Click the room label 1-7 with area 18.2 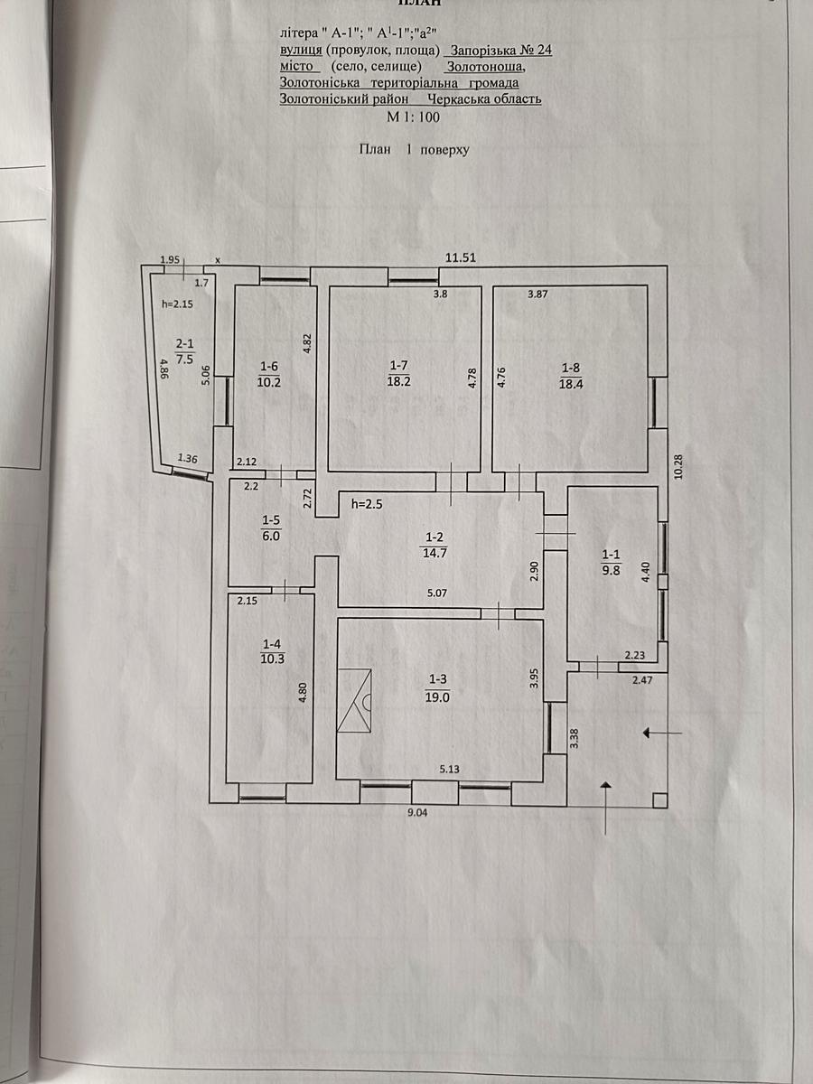click(398, 373)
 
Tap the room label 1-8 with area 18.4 click(571, 376)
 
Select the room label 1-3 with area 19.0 click(437, 689)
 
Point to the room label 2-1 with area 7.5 click(184, 351)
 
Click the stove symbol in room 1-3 click(354, 700)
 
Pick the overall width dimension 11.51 click(461, 257)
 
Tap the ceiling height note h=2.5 click(367, 504)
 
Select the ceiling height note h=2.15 click(178, 304)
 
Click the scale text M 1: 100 click(413, 117)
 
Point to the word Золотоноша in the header click(485, 66)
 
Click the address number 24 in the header click(544, 51)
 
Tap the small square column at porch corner click(659, 800)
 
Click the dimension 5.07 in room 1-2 click(436, 593)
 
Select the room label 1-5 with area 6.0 click(271, 528)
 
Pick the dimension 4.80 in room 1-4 click(304, 692)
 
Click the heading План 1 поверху click(414, 150)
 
